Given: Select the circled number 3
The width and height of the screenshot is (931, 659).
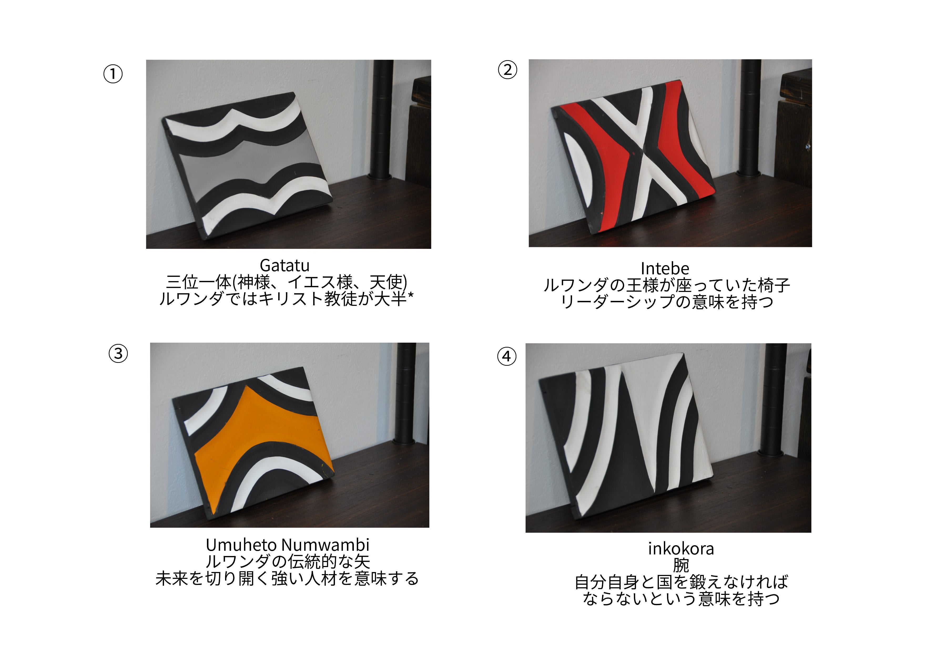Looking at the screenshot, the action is click(118, 353).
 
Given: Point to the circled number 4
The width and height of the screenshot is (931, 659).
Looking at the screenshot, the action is click(507, 356).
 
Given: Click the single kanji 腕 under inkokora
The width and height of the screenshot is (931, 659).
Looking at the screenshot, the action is click(681, 565).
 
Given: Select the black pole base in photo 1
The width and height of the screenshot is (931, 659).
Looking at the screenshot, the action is click(380, 177).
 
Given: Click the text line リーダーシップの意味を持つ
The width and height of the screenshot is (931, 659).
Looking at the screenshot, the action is click(667, 302).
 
